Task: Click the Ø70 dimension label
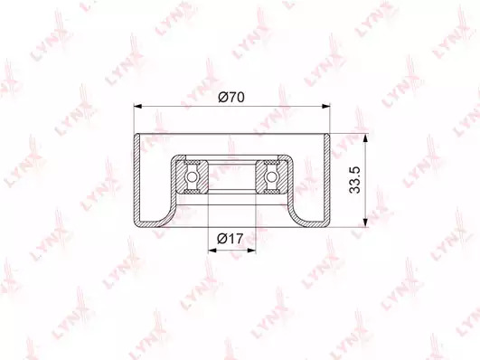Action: tap(231, 98)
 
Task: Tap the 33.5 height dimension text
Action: tap(354, 180)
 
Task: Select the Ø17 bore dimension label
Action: tap(231, 239)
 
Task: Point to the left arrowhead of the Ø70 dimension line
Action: tap(138, 107)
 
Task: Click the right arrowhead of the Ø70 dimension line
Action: tap(326, 107)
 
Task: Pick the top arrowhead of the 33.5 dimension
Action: tap(365, 137)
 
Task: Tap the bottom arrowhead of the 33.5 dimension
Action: tap(365, 223)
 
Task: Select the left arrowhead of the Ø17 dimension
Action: tap(212, 251)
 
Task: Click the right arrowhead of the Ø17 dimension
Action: tap(251, 251)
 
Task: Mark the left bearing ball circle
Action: tap(192, 176)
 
